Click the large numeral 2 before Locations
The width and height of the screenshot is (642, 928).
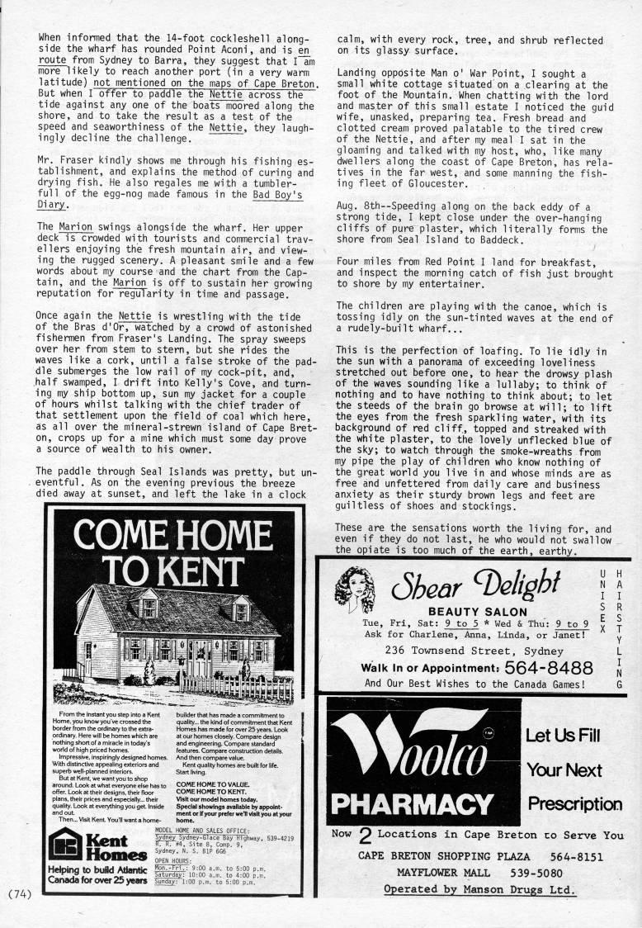coord(364,836)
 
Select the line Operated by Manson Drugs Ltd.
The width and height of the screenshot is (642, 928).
coord(479,889)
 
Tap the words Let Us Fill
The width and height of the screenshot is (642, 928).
coord(564,735)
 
